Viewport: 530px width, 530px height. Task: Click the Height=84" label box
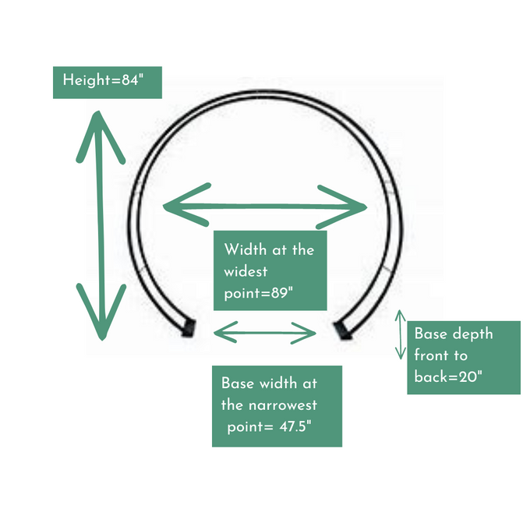[107, 79]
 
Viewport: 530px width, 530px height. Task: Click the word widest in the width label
[246, 272]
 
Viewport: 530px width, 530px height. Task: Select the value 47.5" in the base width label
[297, 427]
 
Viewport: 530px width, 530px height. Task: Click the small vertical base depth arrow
[401, 335]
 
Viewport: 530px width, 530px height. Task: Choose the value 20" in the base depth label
[470, 376]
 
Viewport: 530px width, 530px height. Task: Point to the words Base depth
[453, 334]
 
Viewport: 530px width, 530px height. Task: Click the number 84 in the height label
[129, 79]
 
